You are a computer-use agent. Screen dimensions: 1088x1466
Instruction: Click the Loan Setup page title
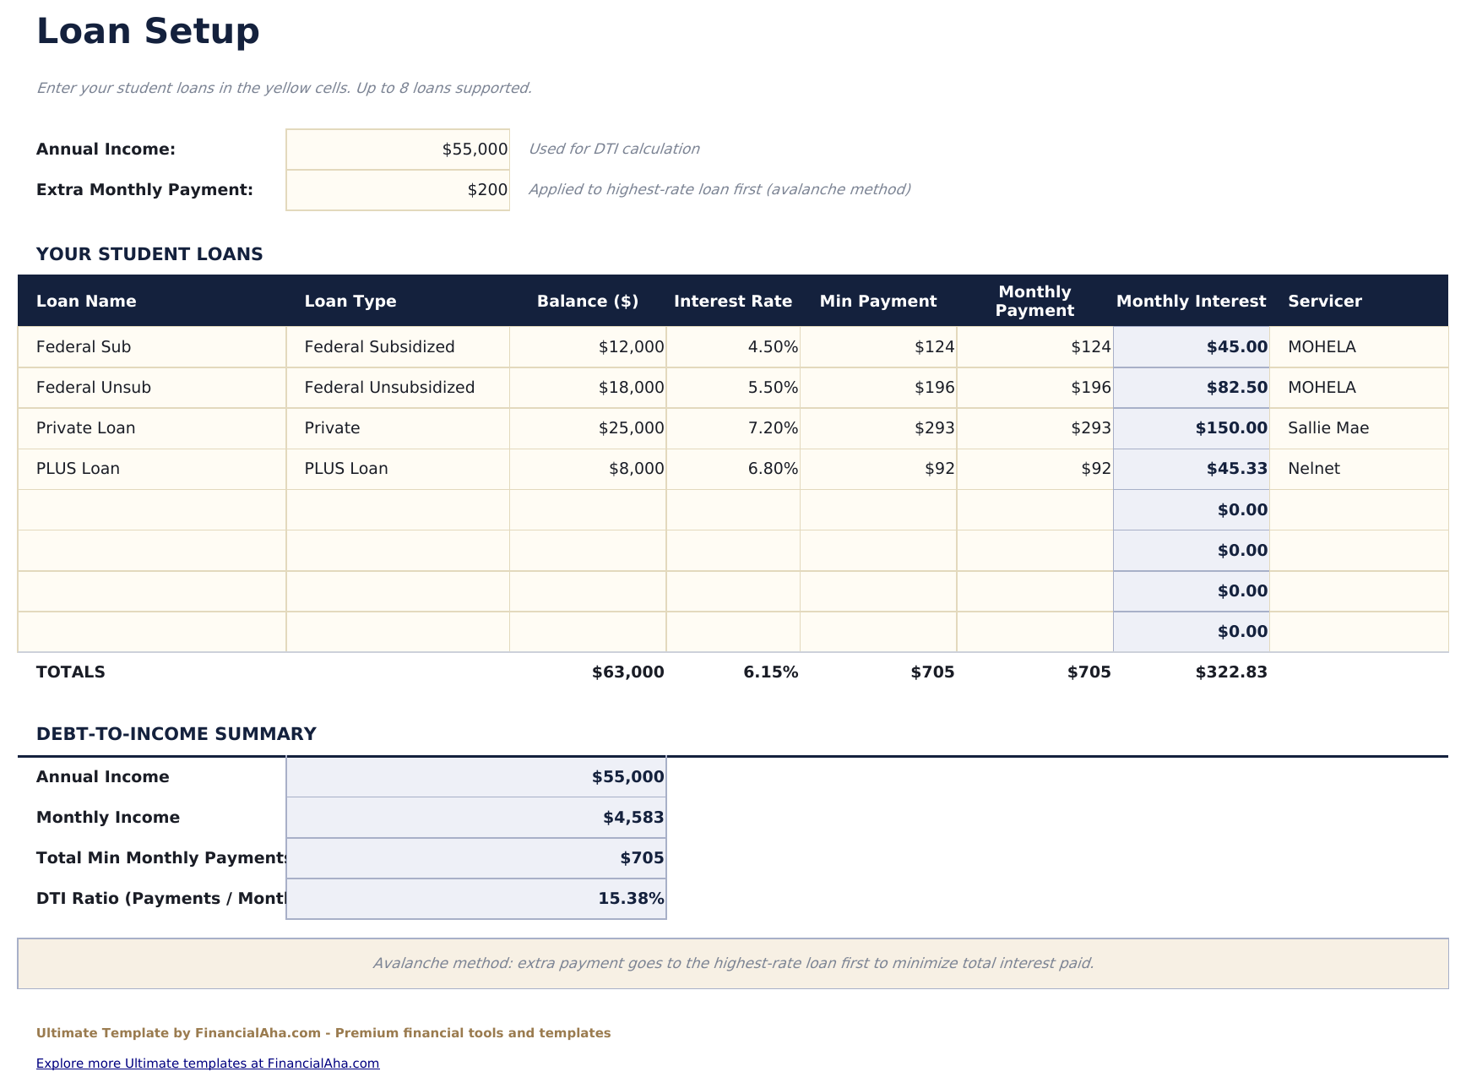tap(148, 32)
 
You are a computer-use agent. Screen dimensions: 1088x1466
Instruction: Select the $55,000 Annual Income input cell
tap(398, 150)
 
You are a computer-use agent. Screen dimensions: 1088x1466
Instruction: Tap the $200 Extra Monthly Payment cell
tap(398, 190)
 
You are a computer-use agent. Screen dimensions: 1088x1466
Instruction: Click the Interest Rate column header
tap(733, 302)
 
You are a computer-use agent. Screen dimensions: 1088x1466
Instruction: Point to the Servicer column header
tap(1324, 302)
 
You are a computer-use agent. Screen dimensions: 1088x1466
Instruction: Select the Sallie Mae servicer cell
tap(1328, 428)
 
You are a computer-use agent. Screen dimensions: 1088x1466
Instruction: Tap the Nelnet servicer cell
tap(1314, 469)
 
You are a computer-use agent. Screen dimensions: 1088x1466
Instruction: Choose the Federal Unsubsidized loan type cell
tap(389, 388)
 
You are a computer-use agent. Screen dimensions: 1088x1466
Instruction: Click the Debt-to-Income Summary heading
tap(176, 734)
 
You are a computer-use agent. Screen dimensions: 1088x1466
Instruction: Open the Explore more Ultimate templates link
tap(208, 1064)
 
